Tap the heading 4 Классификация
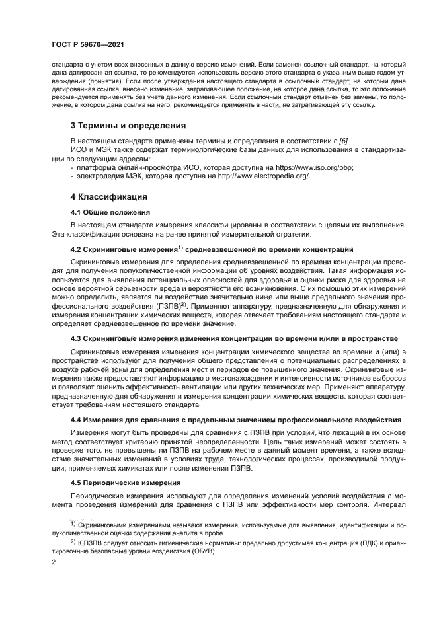point(108,197)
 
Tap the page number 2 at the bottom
point(54,563)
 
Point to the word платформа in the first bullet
point(95,167)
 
